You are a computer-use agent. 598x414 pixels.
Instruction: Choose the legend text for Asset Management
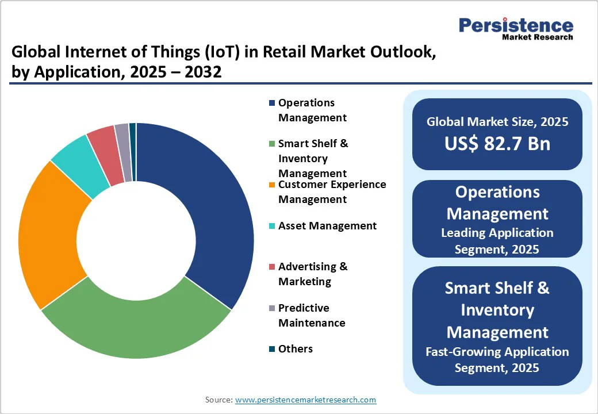point(327,226)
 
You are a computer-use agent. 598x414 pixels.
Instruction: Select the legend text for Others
point(296,349)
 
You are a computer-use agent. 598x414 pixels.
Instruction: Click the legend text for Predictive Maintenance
point(312,315)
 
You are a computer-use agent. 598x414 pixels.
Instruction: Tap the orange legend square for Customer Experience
point(271,185)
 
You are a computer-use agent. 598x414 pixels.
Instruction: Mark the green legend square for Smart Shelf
point(271,144)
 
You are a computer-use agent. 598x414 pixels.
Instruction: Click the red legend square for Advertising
point(271,267)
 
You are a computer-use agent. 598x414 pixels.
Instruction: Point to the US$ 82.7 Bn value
point(497,144)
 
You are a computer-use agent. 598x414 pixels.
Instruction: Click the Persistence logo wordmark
point(516,25)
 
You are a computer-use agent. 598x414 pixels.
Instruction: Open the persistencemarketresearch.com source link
point(305,400)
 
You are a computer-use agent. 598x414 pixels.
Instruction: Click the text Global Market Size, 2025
point(497,122)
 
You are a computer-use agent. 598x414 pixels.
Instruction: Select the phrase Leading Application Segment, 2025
point(497,241)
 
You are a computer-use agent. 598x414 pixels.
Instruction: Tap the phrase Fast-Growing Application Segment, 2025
point(497,359)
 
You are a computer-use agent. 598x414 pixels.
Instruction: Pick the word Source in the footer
point(218,400)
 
